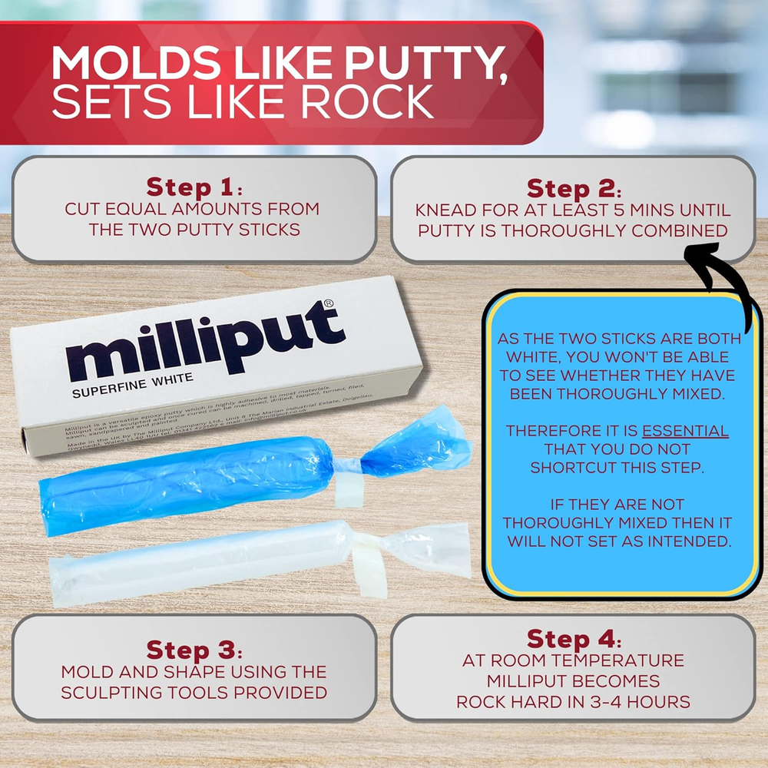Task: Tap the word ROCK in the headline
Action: coord(369,103)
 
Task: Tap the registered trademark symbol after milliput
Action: coord(329,305)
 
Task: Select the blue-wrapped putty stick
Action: coord(192,476)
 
